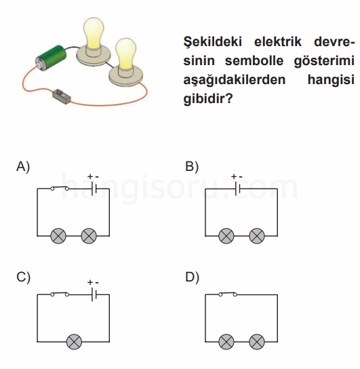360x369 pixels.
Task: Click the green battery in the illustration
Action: point(51,58)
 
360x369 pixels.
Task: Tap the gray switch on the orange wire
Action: point(61,96)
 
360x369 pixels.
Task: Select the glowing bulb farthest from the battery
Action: point(126,62)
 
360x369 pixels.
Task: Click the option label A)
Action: point(23,167)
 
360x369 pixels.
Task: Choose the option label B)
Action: point(192,167)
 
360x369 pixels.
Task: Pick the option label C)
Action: point(23,277)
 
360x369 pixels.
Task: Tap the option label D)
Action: point(192,277)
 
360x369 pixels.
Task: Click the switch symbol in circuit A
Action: point(60,188)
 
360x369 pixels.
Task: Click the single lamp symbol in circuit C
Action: point(75,341)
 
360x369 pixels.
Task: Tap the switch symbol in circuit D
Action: point(228,294)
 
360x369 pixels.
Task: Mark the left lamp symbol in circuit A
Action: point(58,235)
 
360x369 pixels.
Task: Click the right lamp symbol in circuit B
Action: point(257,235)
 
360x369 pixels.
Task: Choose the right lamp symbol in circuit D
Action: point(257,341)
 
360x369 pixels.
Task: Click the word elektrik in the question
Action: point(278,41)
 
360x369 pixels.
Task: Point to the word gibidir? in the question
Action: point(208,99)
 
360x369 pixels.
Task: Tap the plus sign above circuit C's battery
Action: point(89,282)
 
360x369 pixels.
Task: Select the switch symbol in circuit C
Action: point(60,294)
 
